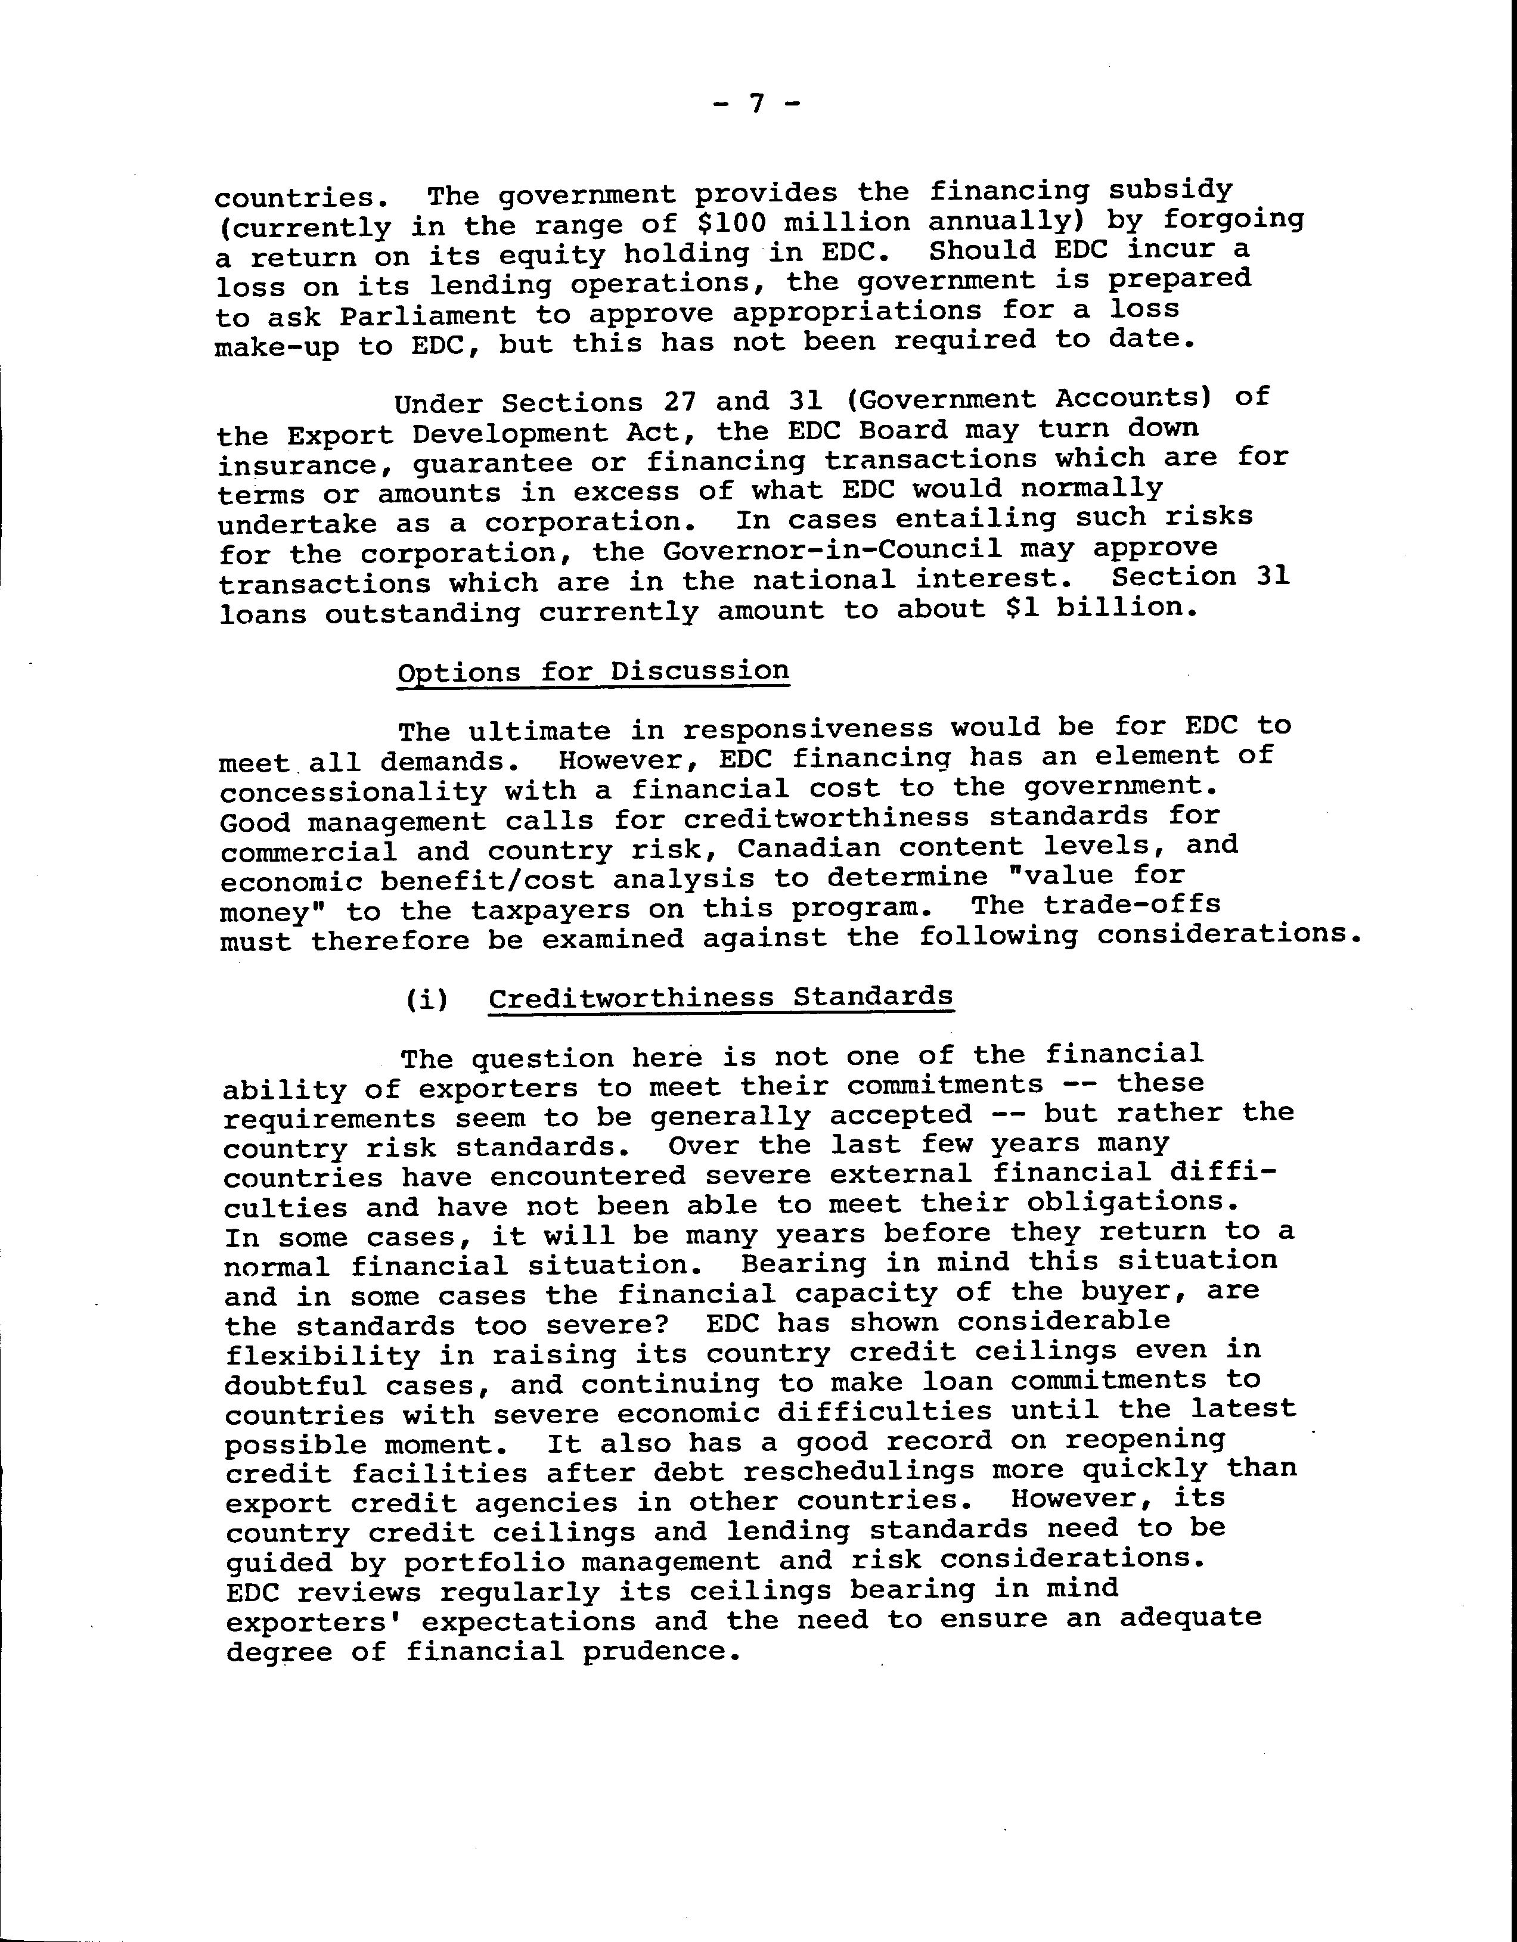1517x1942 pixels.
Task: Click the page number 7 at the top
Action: tap(758, 105)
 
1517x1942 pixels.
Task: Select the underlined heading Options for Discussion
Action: tap(593, 672)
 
